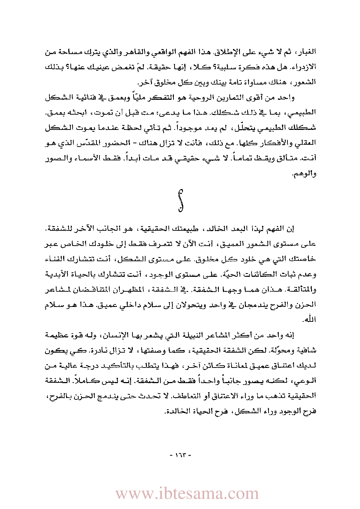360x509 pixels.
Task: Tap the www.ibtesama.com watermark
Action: tap(187, 494)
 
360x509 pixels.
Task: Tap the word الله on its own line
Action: tap(310, 320)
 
